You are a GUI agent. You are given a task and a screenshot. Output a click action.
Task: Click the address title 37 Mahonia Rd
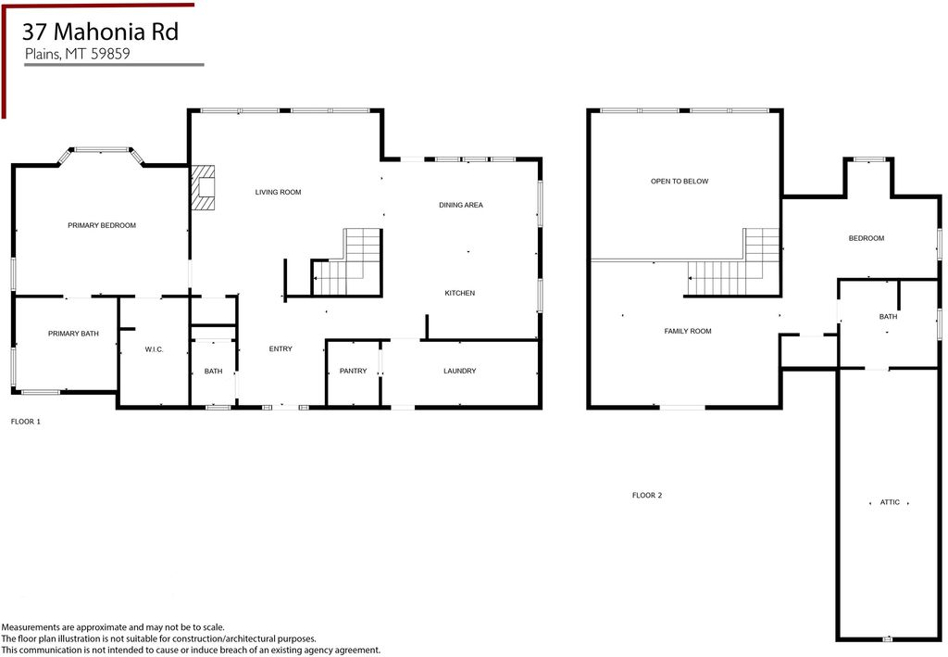point(100,32)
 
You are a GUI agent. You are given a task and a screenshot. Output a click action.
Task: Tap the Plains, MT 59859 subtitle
point(78,54)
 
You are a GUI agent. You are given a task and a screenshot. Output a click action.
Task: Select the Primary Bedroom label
point(102,226)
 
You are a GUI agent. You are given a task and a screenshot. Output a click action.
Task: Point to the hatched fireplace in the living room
point(203,187)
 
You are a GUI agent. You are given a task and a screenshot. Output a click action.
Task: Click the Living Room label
point(278,193)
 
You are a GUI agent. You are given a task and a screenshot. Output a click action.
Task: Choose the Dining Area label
point(461,205)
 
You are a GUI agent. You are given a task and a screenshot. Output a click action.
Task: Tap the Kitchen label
point(459,294)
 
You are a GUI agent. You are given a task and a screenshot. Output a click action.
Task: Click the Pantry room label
point(353,371)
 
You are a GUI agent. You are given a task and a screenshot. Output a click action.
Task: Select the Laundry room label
point(459,371)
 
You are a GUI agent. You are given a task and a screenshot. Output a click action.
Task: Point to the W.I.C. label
point(155,349)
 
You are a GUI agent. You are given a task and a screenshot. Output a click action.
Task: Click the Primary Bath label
point(73,334)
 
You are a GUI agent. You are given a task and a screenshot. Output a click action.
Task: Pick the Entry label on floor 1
point(281,349)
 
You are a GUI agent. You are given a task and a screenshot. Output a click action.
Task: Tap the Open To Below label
point(680,182)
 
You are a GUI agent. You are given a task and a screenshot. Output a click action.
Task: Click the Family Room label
point(688,332)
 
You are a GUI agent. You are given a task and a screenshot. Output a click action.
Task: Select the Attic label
point(890,503)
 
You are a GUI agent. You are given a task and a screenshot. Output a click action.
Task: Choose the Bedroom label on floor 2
point(867,238)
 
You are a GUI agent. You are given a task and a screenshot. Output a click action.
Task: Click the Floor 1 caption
point(25,422)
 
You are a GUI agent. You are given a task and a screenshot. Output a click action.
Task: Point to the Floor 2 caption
point(647,496)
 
